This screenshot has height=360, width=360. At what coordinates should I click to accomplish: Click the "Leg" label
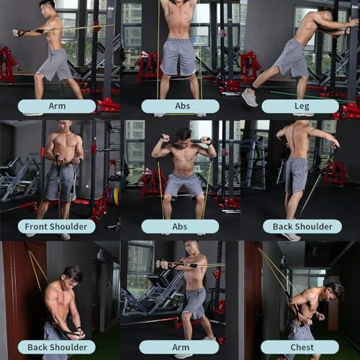tap(300, 107)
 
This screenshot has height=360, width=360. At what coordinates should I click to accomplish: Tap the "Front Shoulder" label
tap(57, 226)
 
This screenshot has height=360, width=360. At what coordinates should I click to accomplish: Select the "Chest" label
tap(300, 346)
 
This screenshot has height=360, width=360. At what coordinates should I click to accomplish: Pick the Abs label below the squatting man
tap(180, 226)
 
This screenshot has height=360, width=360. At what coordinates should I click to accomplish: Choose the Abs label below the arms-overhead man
tap(180, 107)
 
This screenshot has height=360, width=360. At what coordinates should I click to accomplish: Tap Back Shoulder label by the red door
tap(57, 346)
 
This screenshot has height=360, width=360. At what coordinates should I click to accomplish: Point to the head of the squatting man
tap(184, 135)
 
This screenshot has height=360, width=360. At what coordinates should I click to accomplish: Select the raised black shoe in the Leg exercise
tap(250, 97)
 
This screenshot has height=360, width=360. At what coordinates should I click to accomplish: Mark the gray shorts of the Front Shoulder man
tap(60, 182)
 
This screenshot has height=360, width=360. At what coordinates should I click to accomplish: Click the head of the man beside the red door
tap(73, 275)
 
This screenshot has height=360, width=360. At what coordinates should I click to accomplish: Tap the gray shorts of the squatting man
tap(184, 184)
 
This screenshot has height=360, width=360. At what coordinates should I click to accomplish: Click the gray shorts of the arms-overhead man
tap(178, 56)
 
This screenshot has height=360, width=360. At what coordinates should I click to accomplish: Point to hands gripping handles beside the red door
tap(72, 333)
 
